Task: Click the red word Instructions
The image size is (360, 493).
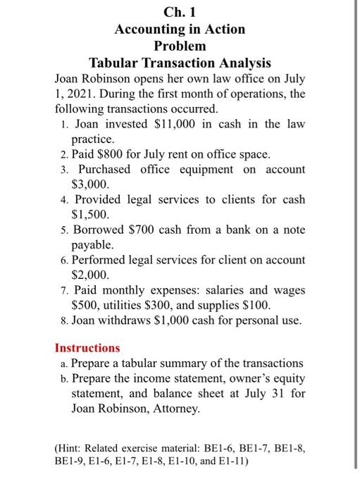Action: tap(87, 348)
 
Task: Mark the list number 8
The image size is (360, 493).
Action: tap(63, 320)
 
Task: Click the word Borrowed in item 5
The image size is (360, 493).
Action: tap(97, 229)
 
